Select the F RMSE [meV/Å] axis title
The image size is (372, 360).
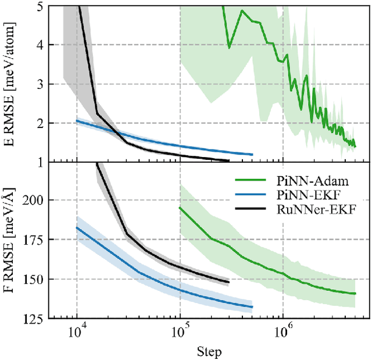10,241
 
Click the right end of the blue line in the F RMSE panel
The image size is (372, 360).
252,306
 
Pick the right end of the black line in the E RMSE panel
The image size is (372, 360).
229,161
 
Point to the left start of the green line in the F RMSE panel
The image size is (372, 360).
180,207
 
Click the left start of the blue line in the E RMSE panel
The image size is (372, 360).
77,121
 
